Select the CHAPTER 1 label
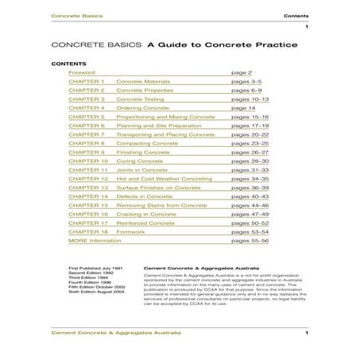[87, 81]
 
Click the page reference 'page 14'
[243, 107]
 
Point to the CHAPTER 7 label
[87, 134]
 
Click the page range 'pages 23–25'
[248, 143]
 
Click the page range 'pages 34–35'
[248, 179]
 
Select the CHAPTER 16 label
[88, 214]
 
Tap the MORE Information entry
[90, 241]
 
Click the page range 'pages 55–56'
[248, 241]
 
